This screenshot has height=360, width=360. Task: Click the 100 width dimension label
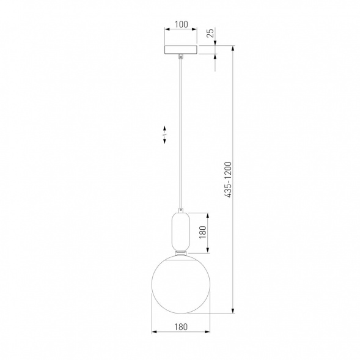click(182, 24)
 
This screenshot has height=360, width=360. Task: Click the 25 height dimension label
click(210, 32)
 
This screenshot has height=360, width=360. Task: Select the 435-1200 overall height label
click(228, 180)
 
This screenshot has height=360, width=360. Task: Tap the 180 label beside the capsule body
click(203, 232)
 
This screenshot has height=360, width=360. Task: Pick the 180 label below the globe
click(181, 327)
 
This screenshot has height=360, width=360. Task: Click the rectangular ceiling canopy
click(181, 50)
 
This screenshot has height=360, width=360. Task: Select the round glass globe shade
click(181, 284)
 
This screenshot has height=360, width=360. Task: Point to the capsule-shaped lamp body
click(181, 232)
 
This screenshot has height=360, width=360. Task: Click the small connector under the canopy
click(181, 56)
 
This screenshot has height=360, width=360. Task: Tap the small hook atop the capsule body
click(181, 210)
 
